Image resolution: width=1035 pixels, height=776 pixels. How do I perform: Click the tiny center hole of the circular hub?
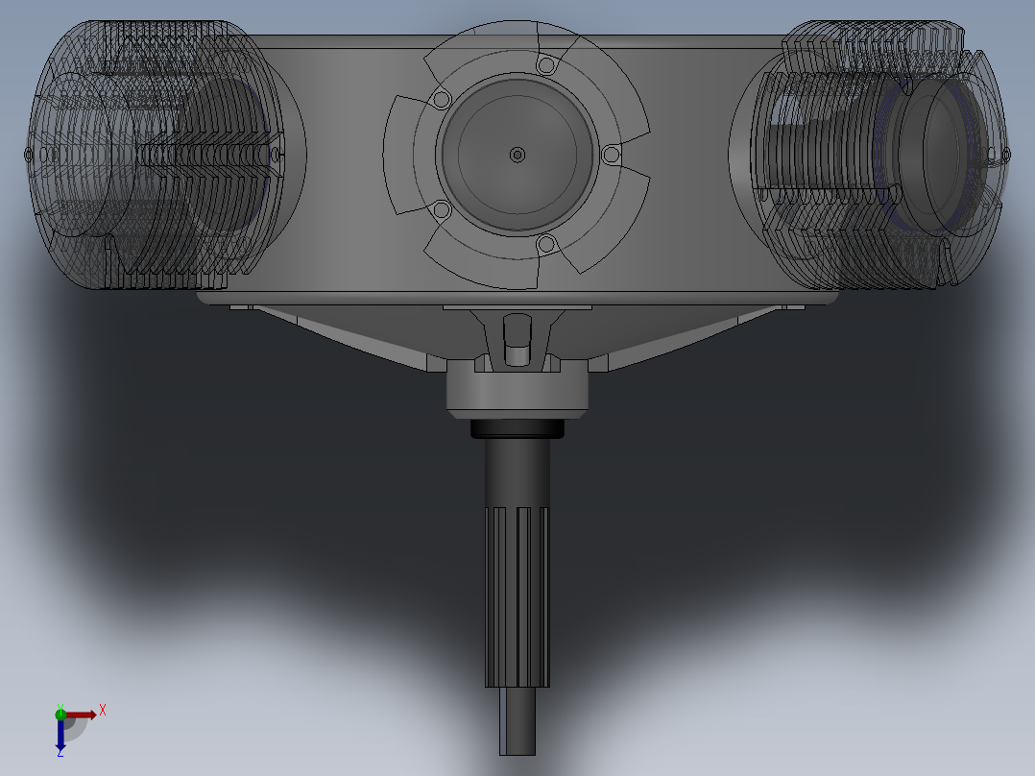click(x=517, y=156)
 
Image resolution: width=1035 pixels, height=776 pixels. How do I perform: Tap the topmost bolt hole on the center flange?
click(x=546, y=65)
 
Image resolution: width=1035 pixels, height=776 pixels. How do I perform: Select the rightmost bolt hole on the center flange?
click(x=612, y=156)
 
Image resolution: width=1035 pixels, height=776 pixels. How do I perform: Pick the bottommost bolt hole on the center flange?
click(x=546, y=244)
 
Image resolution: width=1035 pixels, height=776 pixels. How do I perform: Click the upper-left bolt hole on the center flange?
click(x=442, y=101)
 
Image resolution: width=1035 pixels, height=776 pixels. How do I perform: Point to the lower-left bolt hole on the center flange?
click(x=442, y=210)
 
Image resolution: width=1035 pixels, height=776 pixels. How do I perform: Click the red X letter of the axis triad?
click(x=103, y=711)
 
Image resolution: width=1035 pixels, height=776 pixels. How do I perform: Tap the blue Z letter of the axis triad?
click(x=60, y=752)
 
